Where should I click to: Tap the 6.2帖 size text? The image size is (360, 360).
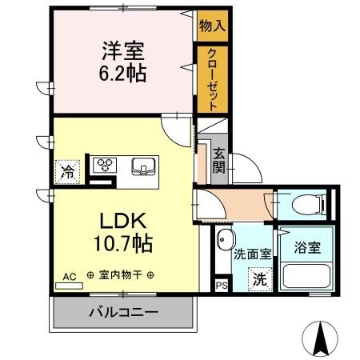122,74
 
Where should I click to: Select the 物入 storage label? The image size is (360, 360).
212,26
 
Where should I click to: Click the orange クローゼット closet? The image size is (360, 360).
212,78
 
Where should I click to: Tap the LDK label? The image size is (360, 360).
122,219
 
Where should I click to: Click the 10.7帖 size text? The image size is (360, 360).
122,241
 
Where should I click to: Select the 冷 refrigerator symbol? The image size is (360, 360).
69,171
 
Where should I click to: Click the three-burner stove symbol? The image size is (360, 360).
106,166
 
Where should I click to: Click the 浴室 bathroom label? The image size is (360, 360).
306,247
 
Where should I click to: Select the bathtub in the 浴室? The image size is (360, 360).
306,276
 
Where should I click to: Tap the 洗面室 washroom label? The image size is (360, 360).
252,254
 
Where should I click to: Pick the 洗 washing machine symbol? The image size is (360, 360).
259,279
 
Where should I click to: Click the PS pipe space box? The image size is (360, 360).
222,283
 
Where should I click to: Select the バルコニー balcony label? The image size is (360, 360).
123,312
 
